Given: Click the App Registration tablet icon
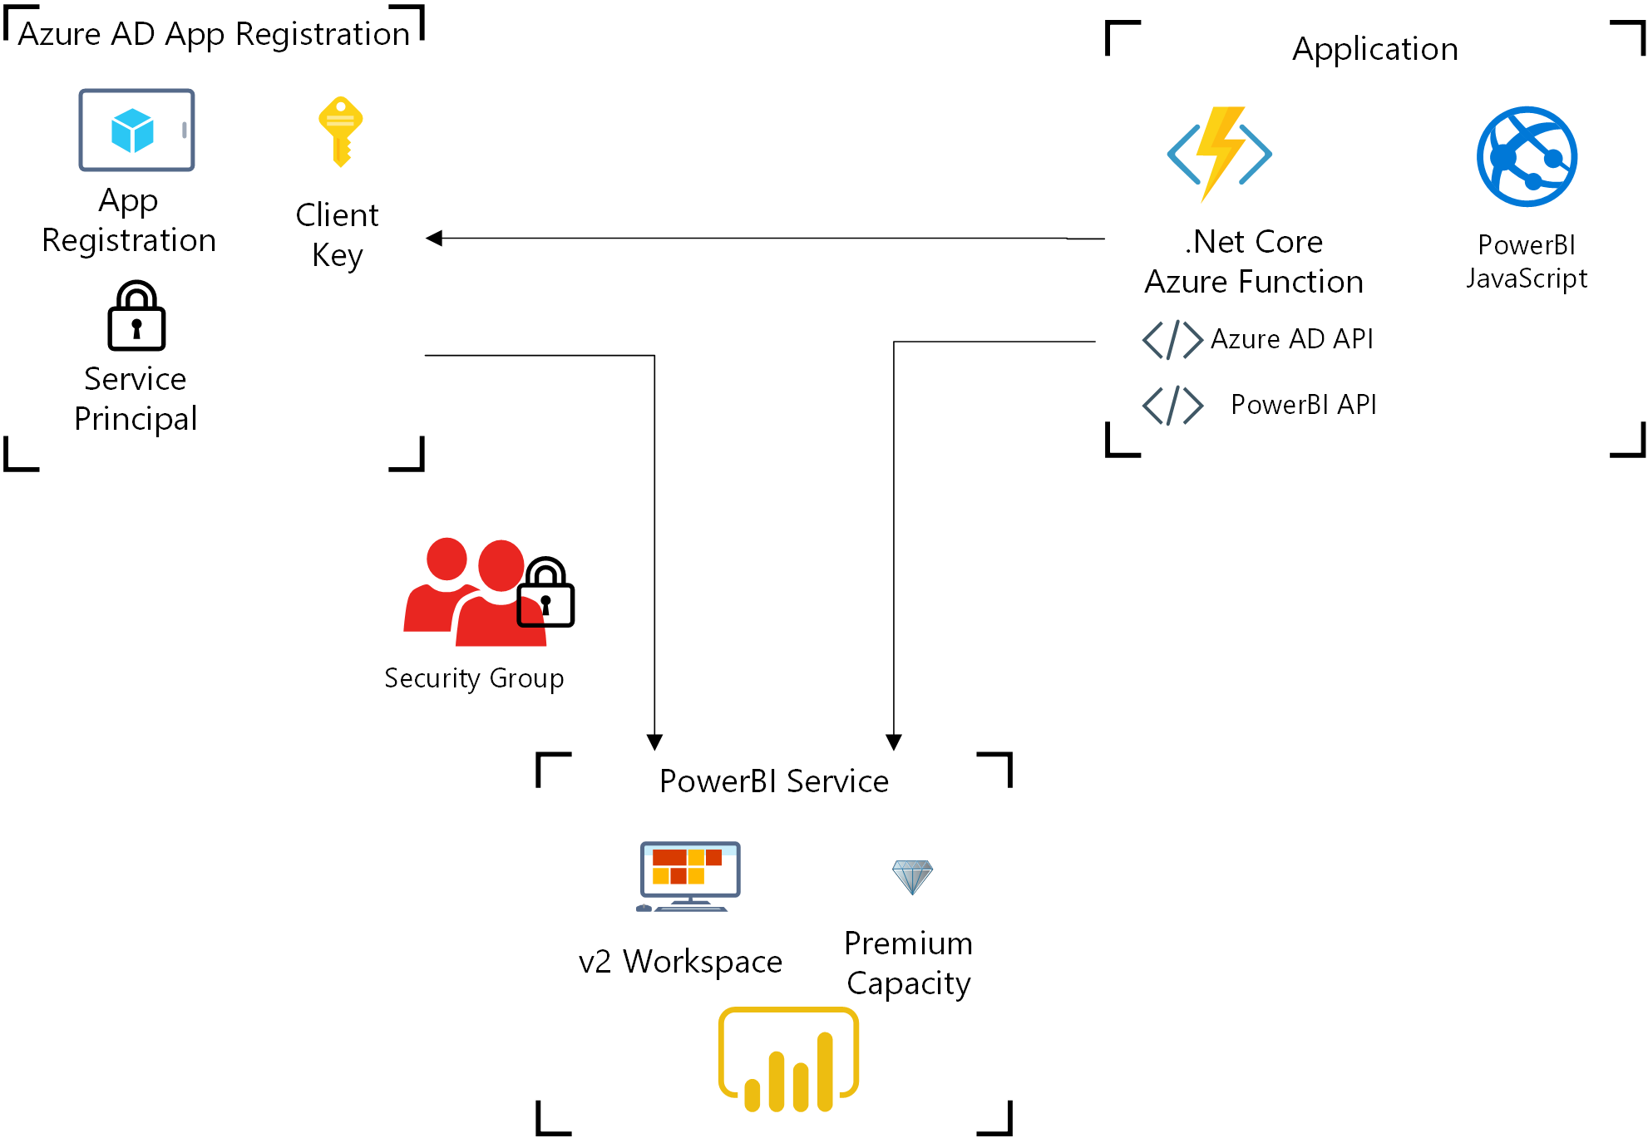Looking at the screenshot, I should [136, 131].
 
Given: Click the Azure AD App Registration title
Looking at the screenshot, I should [214, 34].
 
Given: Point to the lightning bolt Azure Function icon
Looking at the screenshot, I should [1220, 153].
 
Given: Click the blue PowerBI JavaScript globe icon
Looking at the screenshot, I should [1527, 156].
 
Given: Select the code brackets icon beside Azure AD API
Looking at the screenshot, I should [1172, 339].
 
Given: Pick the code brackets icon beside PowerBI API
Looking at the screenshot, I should [1172, 406].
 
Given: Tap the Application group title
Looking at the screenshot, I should [1374, 49].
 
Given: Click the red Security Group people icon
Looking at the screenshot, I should [466, 592].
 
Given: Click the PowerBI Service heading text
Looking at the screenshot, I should [773, 781].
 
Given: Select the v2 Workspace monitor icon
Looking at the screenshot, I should [689, 876].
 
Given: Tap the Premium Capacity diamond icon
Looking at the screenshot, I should [912, 876].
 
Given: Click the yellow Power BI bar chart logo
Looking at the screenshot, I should [788, 1060].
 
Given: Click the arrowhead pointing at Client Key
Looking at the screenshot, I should [434, 239].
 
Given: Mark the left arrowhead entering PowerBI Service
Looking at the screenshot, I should [654, 741].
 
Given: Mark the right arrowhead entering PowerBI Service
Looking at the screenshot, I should [894, 741].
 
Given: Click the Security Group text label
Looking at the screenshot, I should [474, 678].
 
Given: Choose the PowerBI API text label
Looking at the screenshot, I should [1303, 405].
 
